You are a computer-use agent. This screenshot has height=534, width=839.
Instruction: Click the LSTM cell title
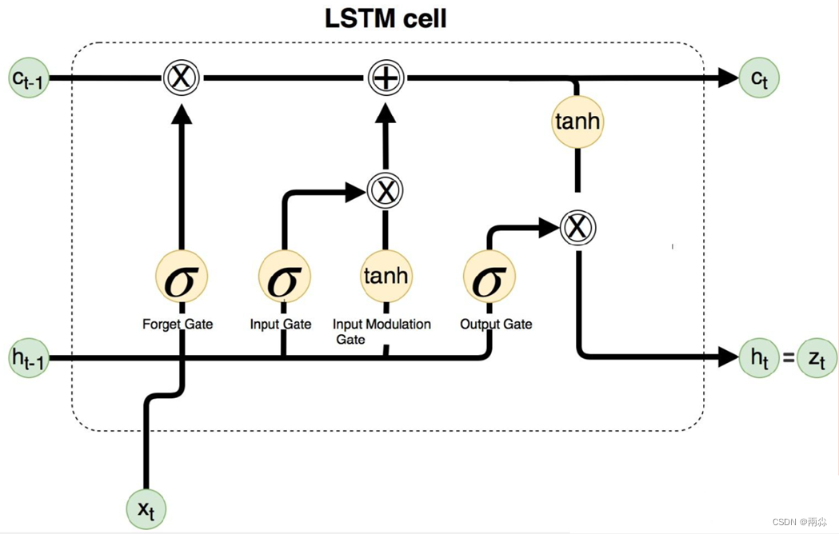(386, 18)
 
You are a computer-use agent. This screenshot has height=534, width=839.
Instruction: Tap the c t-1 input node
(29, 78)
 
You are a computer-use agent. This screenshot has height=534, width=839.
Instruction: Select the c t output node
(759, 78)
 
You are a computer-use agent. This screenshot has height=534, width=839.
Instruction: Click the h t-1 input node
(29, 357)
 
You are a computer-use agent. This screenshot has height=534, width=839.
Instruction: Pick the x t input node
(146, 509)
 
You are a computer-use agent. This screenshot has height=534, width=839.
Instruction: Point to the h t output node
(759, 357)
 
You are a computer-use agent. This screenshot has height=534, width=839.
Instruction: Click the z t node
(817, 357)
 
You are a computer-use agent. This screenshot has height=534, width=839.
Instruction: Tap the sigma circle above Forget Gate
(182, 277)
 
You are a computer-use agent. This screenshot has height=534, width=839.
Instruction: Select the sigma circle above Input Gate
(284, 277)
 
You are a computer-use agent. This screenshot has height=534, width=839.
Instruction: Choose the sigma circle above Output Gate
(489, 277)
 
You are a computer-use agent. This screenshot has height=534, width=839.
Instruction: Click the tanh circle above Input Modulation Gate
(386, 277)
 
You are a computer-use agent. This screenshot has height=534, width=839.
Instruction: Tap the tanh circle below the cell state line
(577, 122)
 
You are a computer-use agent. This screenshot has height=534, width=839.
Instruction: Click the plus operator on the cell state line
(386, 78)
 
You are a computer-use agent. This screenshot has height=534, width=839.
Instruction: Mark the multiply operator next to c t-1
(182, 78)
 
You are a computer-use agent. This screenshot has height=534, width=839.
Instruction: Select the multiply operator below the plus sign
(386, 190)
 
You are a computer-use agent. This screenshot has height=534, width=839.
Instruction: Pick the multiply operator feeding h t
(578, 228)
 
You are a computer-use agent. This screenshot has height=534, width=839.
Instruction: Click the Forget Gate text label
(178, 325)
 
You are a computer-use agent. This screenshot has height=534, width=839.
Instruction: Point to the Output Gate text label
(496, 325)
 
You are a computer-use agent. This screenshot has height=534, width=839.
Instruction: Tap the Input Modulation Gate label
(382, 332)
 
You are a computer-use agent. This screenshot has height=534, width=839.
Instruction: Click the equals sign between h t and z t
(788, 357)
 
